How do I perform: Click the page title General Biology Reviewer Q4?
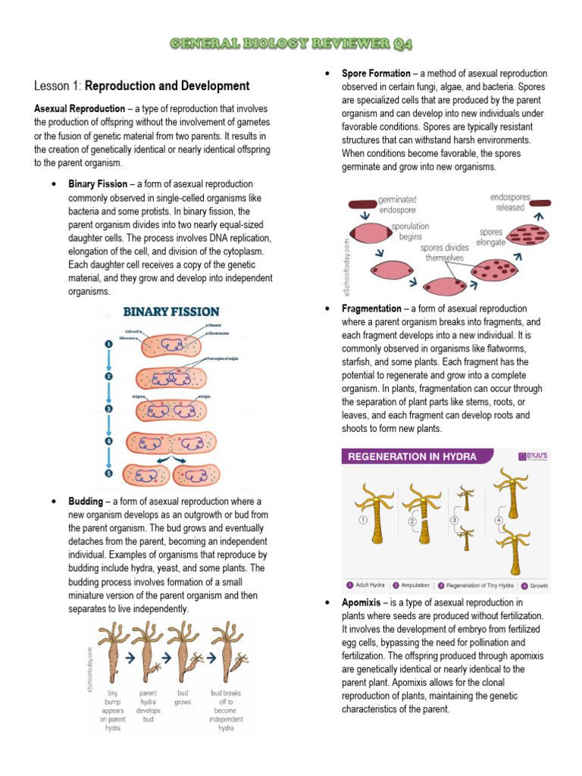click(291, 45)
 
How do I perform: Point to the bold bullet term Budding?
click(86, 502)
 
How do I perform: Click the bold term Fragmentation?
click(371, 309)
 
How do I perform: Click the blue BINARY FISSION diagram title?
click(171, 311)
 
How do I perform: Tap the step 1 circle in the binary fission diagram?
click(108, 343)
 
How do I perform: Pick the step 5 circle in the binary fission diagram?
click(108, 474)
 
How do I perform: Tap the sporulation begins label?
click(409, 231)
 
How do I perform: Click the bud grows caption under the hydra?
click(183, 697)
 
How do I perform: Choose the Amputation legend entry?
click(415, 586)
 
